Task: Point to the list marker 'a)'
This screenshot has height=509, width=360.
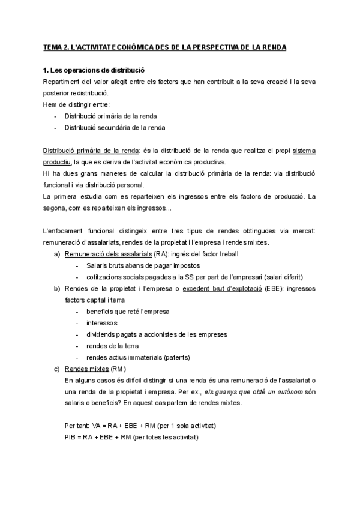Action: (57, 254)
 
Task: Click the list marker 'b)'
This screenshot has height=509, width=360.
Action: (57, 289)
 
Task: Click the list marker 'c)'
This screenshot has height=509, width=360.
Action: (57, 369)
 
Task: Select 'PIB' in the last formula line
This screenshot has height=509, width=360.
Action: (70, 437)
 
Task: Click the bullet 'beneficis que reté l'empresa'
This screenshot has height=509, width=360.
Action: (128, 311)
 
